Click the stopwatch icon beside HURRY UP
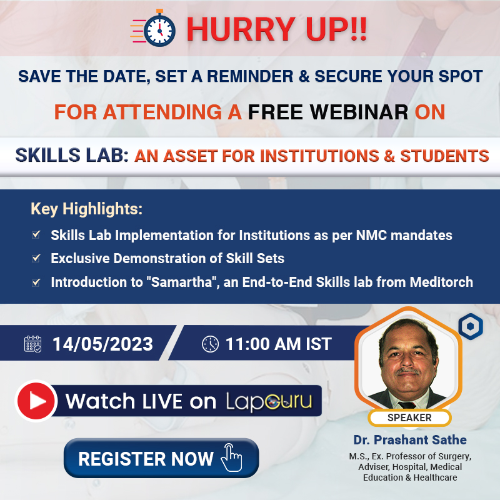point(153,28)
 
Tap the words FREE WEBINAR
point(328,112)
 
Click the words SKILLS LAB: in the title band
point(72,155)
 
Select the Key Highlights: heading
point(86,209)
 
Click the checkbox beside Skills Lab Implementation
point(36,234)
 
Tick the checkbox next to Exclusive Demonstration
point(36,257)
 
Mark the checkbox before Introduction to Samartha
point(36,282)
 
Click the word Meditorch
point(441,282)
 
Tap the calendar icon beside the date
point(33,344)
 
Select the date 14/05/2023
point(102,344)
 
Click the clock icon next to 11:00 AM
point(211,344)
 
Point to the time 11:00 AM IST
point(279,344)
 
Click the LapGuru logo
point(269,401)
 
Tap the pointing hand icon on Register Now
point(231,457)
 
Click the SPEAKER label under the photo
point(409,417)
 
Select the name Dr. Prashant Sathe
point(410,440)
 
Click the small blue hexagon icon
point(471,326)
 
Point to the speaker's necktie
point(407,405)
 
